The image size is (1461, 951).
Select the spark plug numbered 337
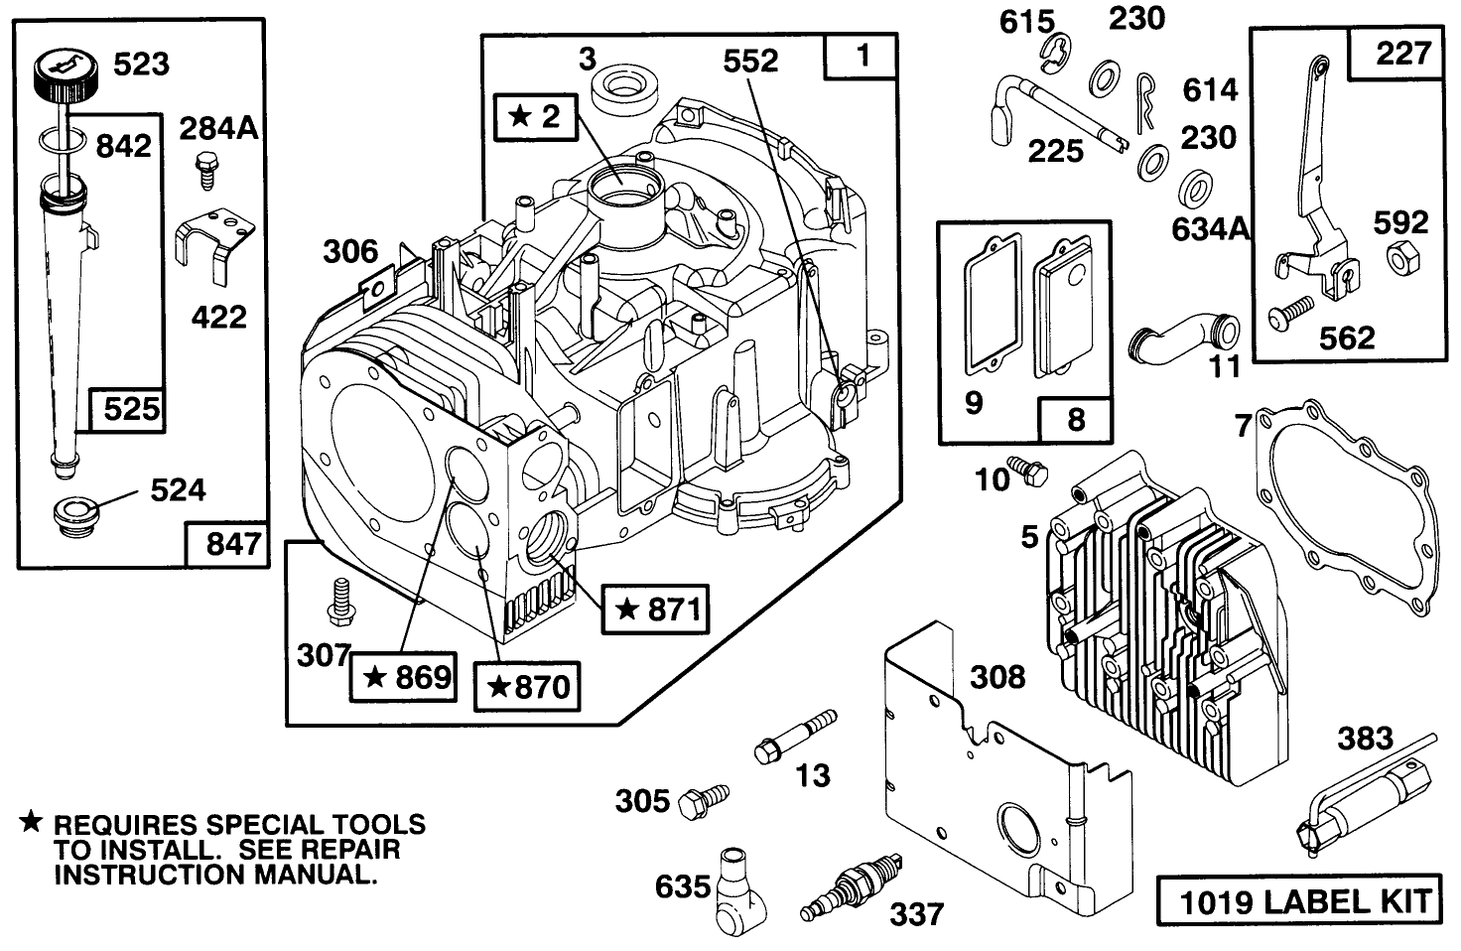(x=852, y=889)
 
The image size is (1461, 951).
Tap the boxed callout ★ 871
(x=656, y=608)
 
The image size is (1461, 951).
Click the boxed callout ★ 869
(x=406, y=677)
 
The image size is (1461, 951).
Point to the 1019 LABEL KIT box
(x=1297, y=901)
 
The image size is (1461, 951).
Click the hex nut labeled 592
(x=1399, y=260)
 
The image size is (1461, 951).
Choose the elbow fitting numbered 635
(x=735, y=888)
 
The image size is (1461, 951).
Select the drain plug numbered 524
(x=75, y=516)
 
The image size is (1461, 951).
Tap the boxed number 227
(x=1401, y=54)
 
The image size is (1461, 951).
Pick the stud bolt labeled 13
(x=793, y=736)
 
